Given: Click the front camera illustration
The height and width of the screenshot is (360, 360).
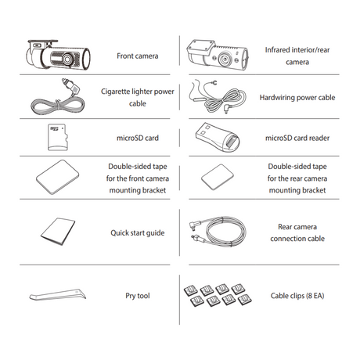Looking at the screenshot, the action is click(58, 55).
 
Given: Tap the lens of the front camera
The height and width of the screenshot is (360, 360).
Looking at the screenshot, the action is click(67, 59).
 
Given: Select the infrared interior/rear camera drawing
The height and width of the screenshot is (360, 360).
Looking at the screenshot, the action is click(218, 56).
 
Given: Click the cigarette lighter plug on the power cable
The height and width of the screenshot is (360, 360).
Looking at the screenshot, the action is click(70, 85).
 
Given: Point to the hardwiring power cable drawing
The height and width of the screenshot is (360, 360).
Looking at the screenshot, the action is click(217, 97).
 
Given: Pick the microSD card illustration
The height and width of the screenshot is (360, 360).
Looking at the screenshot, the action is click(58, 137).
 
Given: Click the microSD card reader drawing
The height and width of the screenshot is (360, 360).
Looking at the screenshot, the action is click(218, 138).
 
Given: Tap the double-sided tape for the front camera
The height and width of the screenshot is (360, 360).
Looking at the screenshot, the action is click(58, 177).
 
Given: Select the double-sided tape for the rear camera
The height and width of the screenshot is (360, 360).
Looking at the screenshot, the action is click(218, 177).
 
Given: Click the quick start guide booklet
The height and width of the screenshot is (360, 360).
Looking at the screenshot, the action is click(58, 232).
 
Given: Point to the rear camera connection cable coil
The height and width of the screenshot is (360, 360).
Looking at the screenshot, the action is click(225, 231).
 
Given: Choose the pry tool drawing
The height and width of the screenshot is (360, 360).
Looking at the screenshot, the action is click(58, 294).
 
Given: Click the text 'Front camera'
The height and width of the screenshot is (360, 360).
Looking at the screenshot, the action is click(138, 56).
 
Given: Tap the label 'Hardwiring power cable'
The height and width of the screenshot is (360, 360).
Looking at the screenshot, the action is click(297, 97).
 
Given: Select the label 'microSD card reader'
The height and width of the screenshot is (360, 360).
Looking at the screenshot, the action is click(297, 138).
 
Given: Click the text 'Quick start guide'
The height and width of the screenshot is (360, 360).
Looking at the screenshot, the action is click(138, 232).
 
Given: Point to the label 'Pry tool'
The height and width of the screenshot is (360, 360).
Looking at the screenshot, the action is click(138, 296).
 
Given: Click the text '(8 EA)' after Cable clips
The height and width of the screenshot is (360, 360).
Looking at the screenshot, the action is click(315, 296).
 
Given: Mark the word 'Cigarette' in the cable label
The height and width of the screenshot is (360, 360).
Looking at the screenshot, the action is click(115, 92).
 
